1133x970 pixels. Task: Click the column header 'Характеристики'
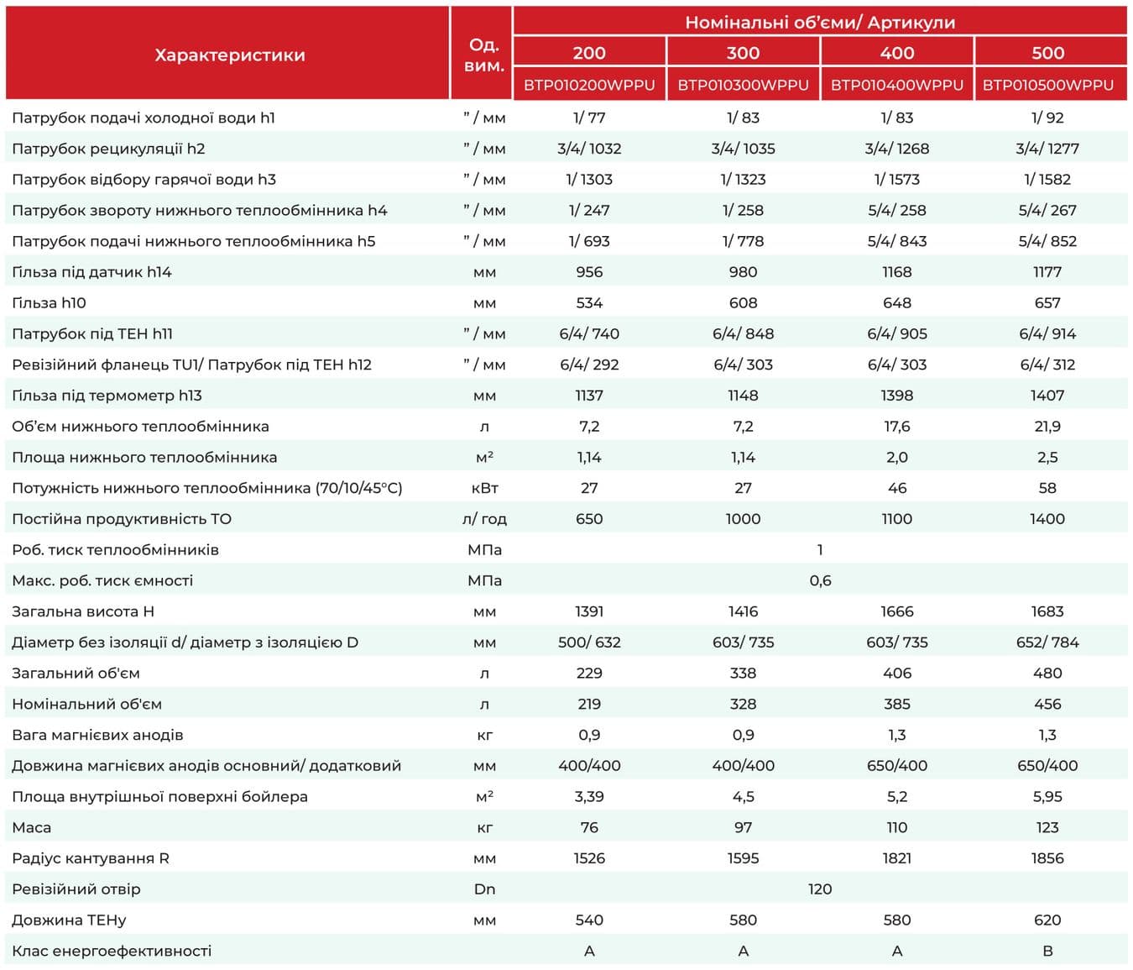(x=230, y=55)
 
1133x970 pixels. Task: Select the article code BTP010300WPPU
(x=743, y=85)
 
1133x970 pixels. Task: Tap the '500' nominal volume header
(x=1047, y=53)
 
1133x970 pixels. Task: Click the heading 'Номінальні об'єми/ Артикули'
(x=820, y=23)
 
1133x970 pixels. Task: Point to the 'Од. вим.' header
(x=484, y=55)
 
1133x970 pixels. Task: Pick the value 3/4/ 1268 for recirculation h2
(x=897, y=149)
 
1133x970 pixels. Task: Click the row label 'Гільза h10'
(x=49, y=303)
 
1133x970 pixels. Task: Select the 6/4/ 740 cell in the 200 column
(x=589, y=333)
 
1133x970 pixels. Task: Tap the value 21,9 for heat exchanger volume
(x=1047, y=427)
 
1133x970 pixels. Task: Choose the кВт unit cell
(x=484, y=488)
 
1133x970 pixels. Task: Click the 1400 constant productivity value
(x=1047, y=518)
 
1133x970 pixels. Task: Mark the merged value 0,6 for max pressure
(x=820, y=580)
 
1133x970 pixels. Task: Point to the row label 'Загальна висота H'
(x=83, y=611)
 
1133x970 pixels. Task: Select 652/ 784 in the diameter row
(x=1047, y=642)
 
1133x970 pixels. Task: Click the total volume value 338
(x=743, y=674)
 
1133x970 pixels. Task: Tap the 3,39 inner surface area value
(x=589, y=797)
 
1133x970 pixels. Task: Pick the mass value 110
(x=897, y=827)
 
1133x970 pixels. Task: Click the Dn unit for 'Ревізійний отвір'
(x=484, y=889)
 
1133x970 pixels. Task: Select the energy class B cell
(x=1047, y=951)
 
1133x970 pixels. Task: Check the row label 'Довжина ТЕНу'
(x=69, y=920)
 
